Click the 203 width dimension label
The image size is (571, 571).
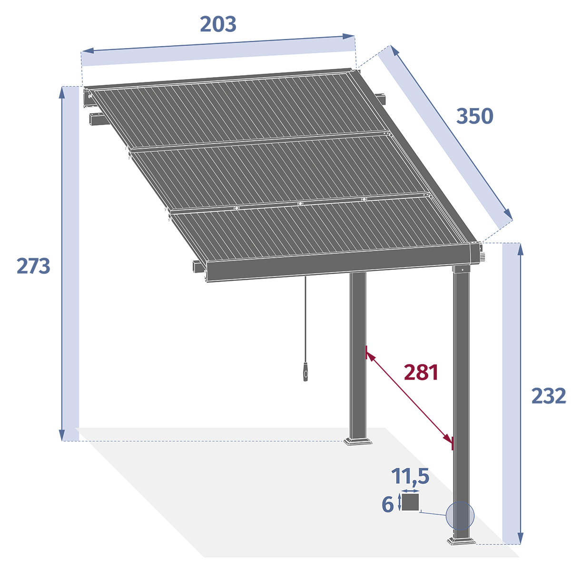(218, 24)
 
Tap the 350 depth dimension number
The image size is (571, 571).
(474, 116)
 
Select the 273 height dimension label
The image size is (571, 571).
(33, 266)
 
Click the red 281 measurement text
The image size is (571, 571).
(421, 373)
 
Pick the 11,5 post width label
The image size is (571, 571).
(410, 476)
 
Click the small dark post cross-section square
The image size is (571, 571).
(410, 502)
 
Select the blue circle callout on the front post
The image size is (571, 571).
(460, 516)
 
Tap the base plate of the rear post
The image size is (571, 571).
(358, 441)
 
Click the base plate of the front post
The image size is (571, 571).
(461, 541)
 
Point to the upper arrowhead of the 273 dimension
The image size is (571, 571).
(62, 91)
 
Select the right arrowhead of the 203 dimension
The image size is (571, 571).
(350, 36)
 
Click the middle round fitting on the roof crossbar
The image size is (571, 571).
(300, 204)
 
